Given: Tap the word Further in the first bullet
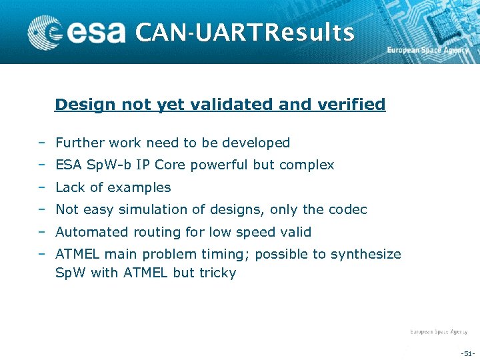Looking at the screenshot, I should point(77,143).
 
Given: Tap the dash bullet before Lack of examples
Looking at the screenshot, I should point(41,187).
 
